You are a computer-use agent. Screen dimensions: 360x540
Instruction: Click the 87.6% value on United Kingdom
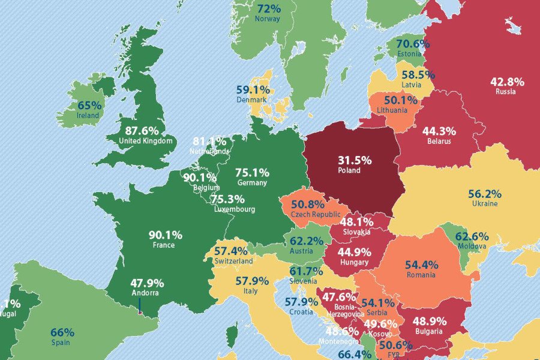coord(142,130)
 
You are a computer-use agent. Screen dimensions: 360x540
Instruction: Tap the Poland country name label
coord(349,171)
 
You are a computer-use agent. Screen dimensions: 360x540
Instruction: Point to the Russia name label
coord(505,92)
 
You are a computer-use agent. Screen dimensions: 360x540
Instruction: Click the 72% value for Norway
coord(269,9)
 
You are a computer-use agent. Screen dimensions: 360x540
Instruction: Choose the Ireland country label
coord(88,115)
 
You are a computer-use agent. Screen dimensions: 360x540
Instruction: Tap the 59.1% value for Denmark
coord(251,89)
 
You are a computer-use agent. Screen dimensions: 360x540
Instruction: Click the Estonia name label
coord(409,54)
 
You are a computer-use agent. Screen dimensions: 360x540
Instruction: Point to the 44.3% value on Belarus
coord(439,131)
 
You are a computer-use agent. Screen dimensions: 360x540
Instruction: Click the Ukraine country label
coord(484,204)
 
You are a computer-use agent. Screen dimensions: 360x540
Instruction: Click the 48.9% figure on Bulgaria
coord(428,320)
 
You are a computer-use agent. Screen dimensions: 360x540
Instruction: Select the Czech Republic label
coord(312,214)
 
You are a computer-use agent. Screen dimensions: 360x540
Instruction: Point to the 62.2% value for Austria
coord(307,241)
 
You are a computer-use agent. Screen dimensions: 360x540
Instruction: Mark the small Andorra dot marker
coord(140,312)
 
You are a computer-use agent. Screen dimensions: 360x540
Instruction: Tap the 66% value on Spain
coord(62,332)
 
